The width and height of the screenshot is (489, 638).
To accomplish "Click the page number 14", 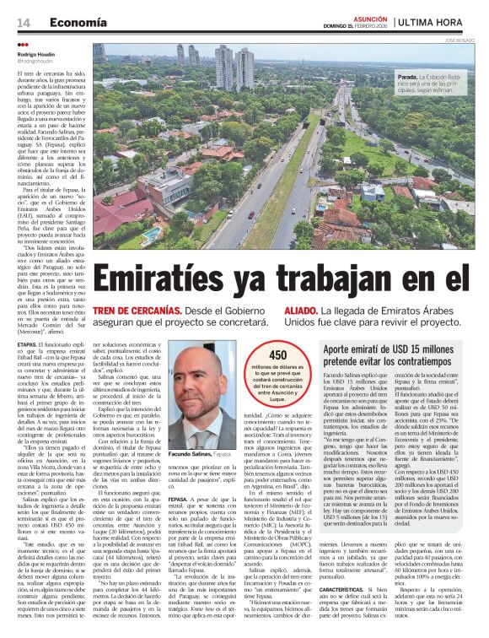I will point(22,20).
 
